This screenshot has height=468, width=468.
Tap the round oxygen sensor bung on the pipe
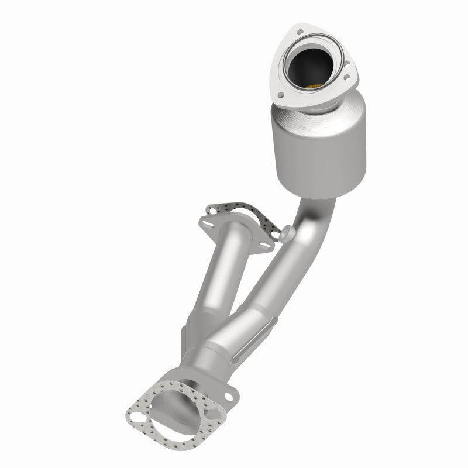[x=287, y=234]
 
